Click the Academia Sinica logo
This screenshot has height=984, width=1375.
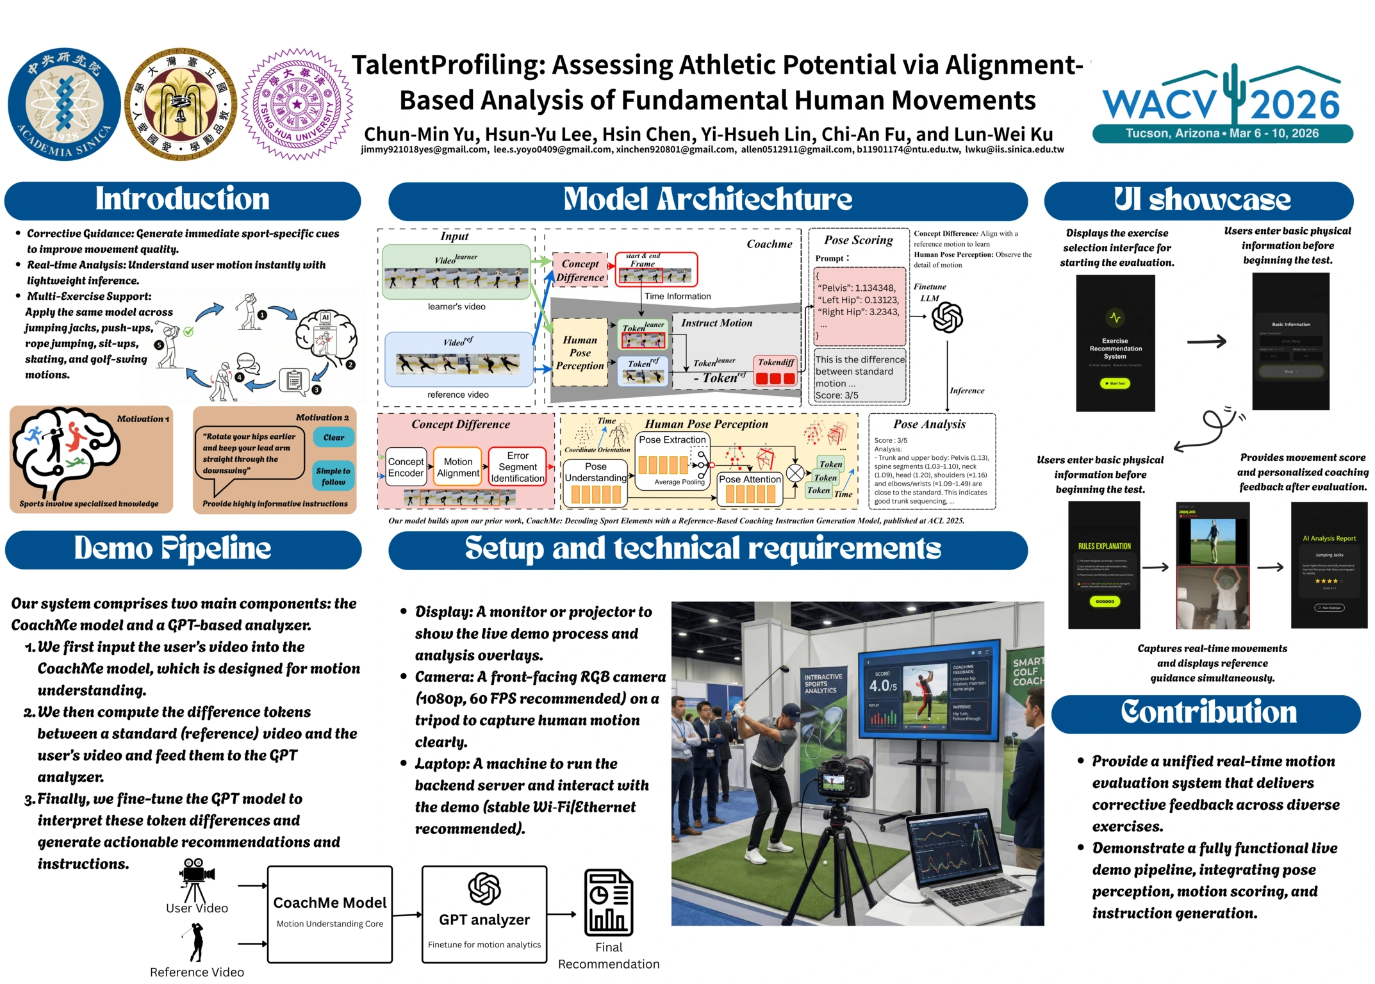click(x=64, y=104)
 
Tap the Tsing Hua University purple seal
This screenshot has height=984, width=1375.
click(x=297, y=104)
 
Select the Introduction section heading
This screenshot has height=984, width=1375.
click(x=183, y=200)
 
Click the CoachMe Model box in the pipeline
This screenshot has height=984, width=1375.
click(x=329, y=914)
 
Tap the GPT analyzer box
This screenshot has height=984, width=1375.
click(x=484, y=914)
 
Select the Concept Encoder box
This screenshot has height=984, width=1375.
click(x=406, y=468)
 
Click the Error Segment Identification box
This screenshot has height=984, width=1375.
click(x=518, y=467)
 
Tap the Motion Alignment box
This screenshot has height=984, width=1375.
click(x=458, y=467)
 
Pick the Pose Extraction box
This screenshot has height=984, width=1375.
click(x=672, y=440)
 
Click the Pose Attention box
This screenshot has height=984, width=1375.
click(x=750, y=479)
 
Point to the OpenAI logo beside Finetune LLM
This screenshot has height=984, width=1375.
click(x=947, y=318)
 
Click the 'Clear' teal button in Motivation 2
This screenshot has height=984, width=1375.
click(x=333, y=438)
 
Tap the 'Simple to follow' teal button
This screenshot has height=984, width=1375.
click(x=333, y=476)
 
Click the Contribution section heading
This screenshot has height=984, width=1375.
click(x=1208, y=714)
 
